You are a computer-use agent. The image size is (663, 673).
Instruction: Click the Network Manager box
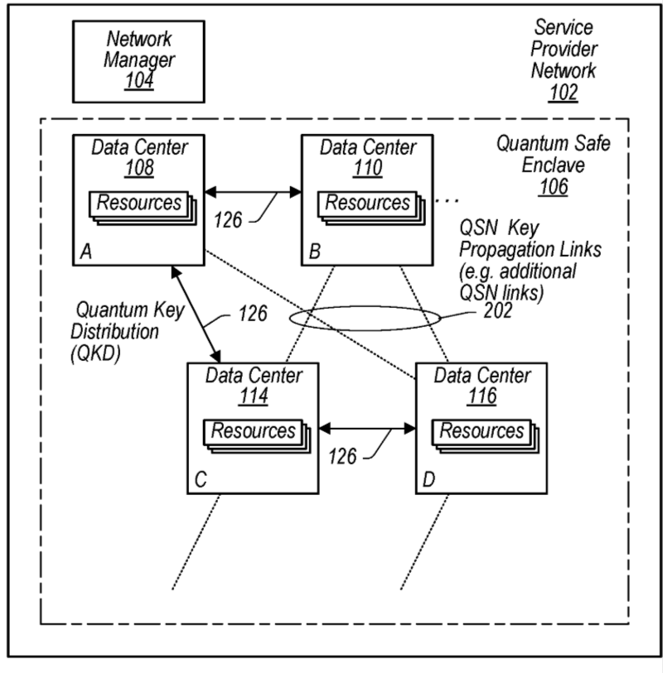tap(138, 60)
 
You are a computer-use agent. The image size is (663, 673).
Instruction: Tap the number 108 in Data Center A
tap(139, 169)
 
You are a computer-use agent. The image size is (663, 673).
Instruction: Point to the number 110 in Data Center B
tap(368, 169)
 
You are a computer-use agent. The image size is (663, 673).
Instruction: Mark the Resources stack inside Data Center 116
tap(483, 432)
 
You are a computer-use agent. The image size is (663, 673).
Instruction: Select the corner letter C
tap(200, 479)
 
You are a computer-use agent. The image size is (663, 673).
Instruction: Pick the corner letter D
tap(428, 479)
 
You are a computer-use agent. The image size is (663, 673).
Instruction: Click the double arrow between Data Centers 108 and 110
tap(252, 192)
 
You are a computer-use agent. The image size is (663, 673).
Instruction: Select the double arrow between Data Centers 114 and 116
tap(367, 428)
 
